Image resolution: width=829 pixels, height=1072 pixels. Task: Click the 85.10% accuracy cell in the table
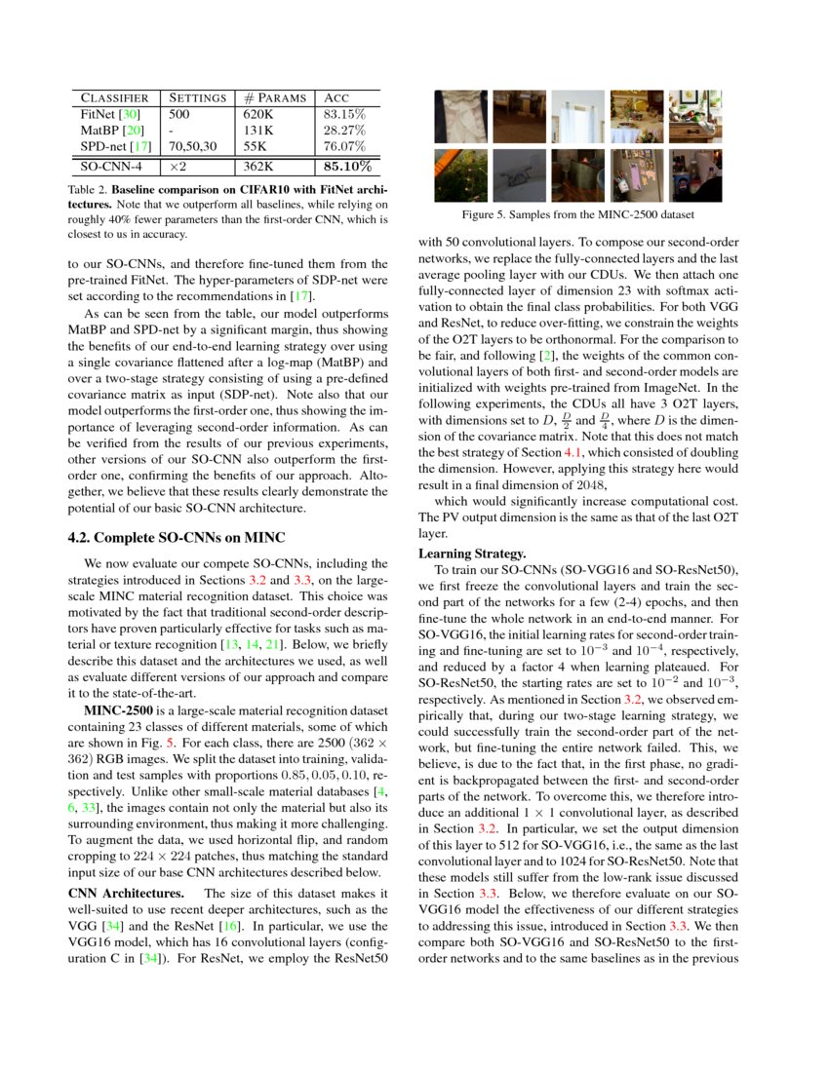pyautogui.click(x=347, y=167)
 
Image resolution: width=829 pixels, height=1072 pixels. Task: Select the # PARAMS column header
pyautogui.click(x=275, y=97)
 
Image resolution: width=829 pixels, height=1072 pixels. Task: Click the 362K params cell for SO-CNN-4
pyautogui.click(x=258, y=167)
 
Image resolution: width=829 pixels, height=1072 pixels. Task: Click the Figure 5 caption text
pyautogui.click(x=578, y=214)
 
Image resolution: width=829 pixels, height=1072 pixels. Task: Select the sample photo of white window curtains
pyautogui.click(x=577, y=117)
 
